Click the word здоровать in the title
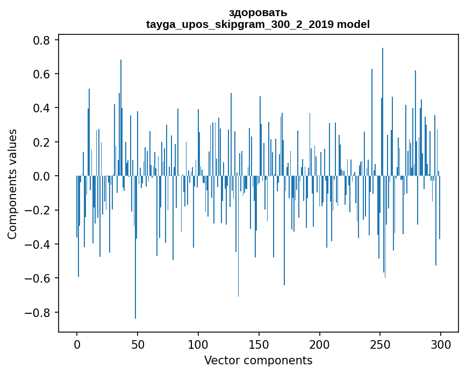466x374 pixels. click(x=258, y=13)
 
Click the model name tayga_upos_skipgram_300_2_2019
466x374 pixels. click(x=240, y=24)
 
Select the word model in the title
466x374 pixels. click(x=353, y=24)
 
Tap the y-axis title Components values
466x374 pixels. click(x=12, y=184)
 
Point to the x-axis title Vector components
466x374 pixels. click(x=258, y=361)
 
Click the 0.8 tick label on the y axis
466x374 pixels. click(x=41, y=40)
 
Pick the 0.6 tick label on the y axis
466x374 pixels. click(x=41, y=74)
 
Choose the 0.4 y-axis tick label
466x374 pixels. click(x=41, y=108)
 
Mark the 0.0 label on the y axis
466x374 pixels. click(x=41, y=176)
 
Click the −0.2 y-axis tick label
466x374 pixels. click(x=37, y=210)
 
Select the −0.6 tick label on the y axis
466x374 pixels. click(x=37, y=278)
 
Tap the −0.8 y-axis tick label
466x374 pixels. click(x=37, y=313)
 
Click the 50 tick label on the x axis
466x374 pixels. click(x=138, y=345)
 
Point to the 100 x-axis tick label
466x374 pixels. click(x=198, y=345)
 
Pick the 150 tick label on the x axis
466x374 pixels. click(x=259, y=345)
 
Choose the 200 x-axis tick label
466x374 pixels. click(x=319, y=345)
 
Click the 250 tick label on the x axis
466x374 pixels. click(x=380, y=345)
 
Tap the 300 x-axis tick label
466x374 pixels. click(x=441, y=345)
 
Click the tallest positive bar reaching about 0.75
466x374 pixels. click(x=383, y=112)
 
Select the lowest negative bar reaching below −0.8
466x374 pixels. click(x=135, y=247)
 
